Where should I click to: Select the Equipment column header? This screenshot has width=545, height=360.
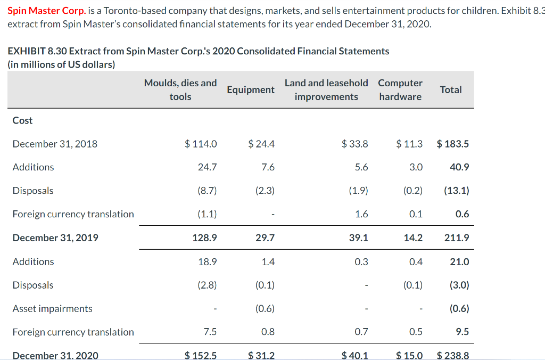coord(251,89)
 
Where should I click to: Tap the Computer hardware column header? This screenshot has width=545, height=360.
coord(400,89)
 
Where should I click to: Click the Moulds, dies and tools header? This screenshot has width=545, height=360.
coord(180,89)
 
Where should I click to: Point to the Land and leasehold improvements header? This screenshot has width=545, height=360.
coord(326,89)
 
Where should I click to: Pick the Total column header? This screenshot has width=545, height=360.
coord(451,89)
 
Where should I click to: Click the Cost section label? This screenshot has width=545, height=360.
coord(22,120)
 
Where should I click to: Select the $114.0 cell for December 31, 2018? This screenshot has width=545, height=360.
coord(201,144)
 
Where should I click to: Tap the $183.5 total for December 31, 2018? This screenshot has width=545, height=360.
coord(452,144)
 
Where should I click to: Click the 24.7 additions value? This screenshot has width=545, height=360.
coord(207,167)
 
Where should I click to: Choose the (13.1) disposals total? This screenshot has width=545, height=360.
coord(456,191)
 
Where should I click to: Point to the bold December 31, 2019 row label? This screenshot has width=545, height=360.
coord(55,238)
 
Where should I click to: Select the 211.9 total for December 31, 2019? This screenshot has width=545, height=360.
coord(457,238)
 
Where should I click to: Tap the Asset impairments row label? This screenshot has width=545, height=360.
coord(52,308)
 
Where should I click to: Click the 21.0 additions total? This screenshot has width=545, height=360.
coord(459,261)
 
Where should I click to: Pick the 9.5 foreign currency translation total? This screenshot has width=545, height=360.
coord(463,332)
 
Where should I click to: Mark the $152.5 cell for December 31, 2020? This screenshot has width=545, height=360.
coord(201,355)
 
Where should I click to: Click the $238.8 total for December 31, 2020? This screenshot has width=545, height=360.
coord(452,355)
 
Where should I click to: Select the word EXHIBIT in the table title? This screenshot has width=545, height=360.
coord(26,51)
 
